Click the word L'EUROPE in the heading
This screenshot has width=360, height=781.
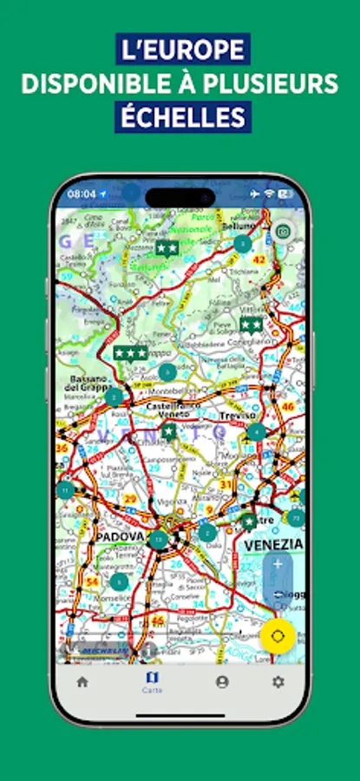click(x=181, y=49)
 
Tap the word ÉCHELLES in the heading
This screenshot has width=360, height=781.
click(x=181, y=116)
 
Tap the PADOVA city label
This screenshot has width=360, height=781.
click(x=119, y=537)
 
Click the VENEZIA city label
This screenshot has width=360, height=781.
click(x=273, y=544)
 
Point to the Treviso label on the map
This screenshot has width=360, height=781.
click(x=238, y=415)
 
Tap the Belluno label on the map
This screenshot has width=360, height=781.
click(x=240, y=226)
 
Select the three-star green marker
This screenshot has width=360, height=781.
click(x=130, y=353)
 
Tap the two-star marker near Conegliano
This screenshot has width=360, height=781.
click(x=252, y=325)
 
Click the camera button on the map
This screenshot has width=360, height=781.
click(x=282, y=232)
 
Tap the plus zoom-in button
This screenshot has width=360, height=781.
click(x=278, y=563)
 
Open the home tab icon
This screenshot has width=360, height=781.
click(x=82, y=681)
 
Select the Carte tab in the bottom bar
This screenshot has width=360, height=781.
click(x=152, y=681)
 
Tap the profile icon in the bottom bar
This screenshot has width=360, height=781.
click(x=222, y=681)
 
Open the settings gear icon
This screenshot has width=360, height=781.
click(x=278, y=681)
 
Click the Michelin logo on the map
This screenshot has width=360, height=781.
click(x=104, y=650)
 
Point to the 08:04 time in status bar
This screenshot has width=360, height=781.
click(x=82, y=194)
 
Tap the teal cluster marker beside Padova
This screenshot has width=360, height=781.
click(x=158, y=539)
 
